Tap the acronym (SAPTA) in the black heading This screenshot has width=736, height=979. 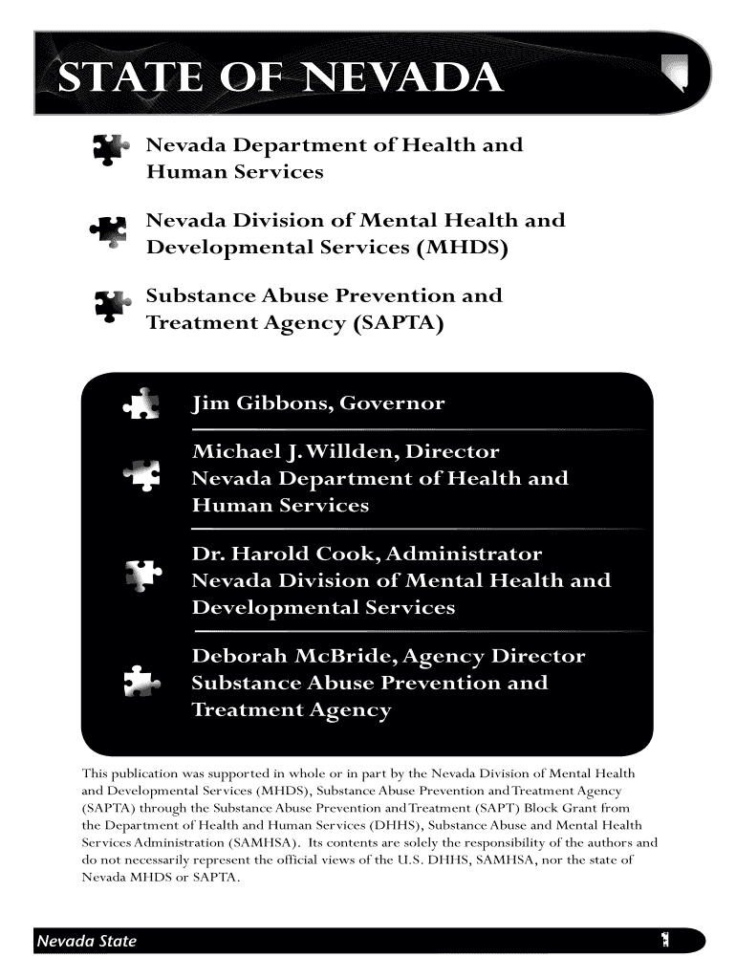(399, 325)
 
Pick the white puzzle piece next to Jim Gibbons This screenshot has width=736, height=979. (142, 403)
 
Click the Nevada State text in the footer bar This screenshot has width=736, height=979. (86, 941)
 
